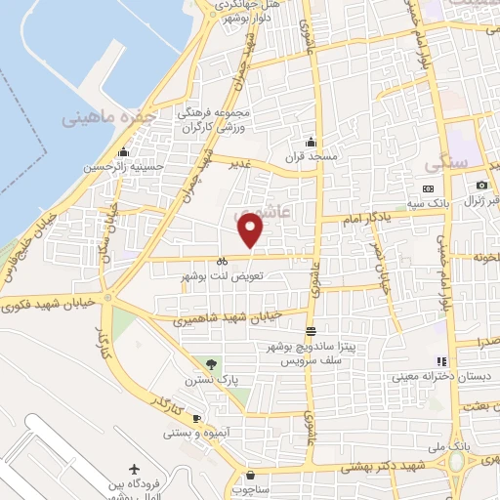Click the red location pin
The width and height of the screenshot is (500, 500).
click(x=252, y=229)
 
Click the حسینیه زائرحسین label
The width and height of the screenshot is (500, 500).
click(x=118, y=167)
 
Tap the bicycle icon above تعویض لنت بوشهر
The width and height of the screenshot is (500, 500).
click(x=223, y=261)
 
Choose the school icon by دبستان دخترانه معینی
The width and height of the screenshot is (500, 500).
click(x=440, y=361)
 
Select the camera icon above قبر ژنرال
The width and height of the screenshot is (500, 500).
click(x=481, y=186)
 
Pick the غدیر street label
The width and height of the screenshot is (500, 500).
click(x=239, y=166)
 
